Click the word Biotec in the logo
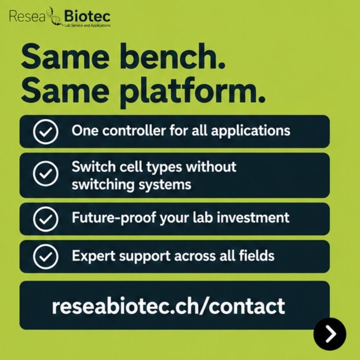pyautogui.click(x=87, y=17)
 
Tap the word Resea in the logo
pyautogui.click(x=27, y=17)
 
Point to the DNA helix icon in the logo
pyautogui.click(x=54, y=17)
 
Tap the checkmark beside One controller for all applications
pyautogui.click(x=45, y=131)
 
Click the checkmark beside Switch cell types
pyautogui.click(x=45, y=174)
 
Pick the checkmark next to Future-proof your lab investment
pyautogui.click(x=45, y=219)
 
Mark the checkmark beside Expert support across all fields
pyautogui.click(x=45, y=256)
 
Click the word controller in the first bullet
pyautogui.click(x=134, y=131)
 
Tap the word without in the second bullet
pyautogui.click(x=211, y=166)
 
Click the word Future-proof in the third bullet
pyautogui.click(x=114, y=218)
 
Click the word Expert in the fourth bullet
pyautogui.click(x=94, y=256)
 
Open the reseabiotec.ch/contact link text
pyautogui.click(x=168, y=306)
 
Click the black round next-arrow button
pyautogui.click(x=330, y=334)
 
